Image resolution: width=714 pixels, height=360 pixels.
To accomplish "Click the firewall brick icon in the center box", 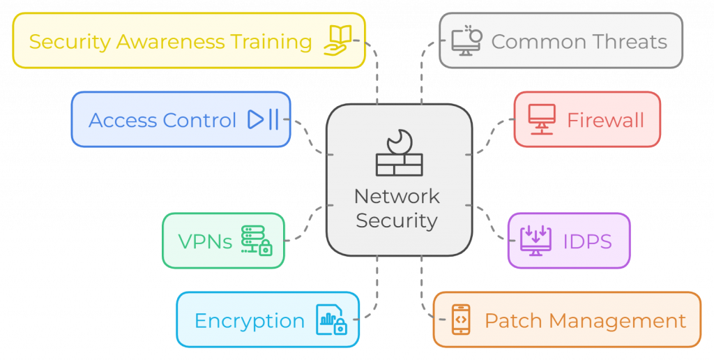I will [399, 153].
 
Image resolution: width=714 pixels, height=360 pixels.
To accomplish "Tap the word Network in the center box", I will [397, 196].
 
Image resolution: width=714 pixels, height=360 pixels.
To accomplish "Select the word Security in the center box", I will [397, 220].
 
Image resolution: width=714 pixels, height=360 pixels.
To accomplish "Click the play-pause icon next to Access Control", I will [263, 120].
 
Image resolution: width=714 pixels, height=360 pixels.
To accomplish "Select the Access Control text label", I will [162, 120].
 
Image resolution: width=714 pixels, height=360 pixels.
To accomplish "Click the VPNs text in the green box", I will [205, 241].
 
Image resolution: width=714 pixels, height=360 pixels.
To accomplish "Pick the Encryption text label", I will [249, 321].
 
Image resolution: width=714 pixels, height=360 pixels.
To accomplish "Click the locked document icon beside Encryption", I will [331, 320].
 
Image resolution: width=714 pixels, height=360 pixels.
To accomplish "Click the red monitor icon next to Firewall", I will [541, 119].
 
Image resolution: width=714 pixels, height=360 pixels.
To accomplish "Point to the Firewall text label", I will [605, 120].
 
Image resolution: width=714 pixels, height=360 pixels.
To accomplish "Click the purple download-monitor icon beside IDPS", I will [535, 241].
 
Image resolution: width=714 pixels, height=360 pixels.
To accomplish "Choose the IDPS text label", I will [587, 241].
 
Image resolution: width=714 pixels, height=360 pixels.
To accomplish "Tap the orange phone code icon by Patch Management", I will [460, 320].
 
